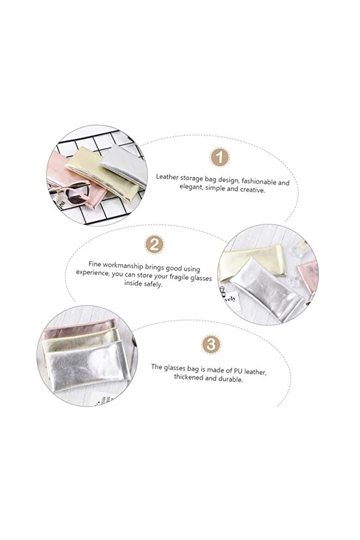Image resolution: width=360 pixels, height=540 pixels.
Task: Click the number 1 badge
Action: [220, 157]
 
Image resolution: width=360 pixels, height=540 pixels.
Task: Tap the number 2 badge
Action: [154, 244]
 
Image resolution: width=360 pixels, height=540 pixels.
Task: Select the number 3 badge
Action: [211, 344]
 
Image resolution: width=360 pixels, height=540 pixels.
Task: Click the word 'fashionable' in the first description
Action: [257, 181]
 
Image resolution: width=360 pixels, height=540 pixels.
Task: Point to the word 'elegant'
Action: [191, 187]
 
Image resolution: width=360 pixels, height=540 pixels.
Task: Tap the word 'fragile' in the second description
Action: [176, 277]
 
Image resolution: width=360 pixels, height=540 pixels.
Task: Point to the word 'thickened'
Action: [188, 377]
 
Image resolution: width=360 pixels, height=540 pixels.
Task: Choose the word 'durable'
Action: [230, 379]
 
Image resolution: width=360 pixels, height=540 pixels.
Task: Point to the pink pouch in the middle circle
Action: [309, 276]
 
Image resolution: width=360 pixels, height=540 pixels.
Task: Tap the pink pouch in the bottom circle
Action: [80, 329]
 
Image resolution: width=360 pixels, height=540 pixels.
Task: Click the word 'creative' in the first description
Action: [252, 190]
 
